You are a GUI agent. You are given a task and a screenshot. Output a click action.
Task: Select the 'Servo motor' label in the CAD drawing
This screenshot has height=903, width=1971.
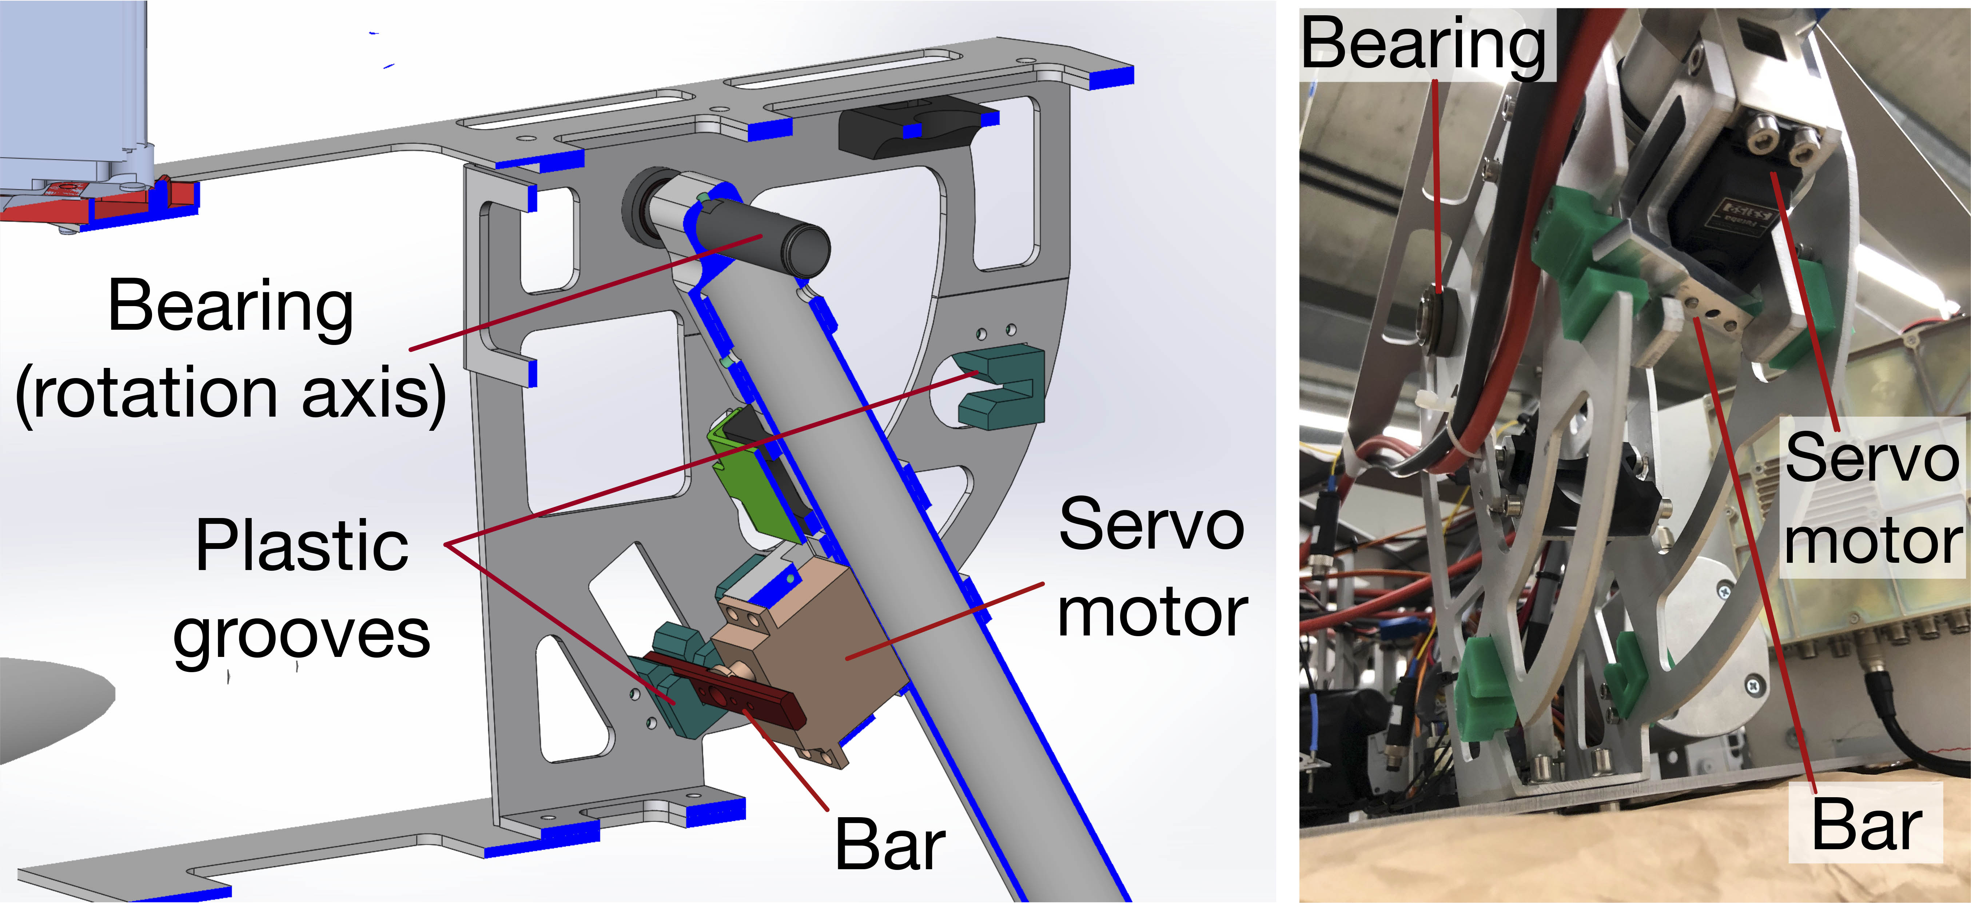(x=1152, y=567)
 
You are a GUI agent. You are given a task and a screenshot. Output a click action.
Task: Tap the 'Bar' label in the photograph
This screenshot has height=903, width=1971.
(x=1867, y=824)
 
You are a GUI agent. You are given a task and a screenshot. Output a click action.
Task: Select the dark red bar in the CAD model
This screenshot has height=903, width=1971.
(x=723, y=688)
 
